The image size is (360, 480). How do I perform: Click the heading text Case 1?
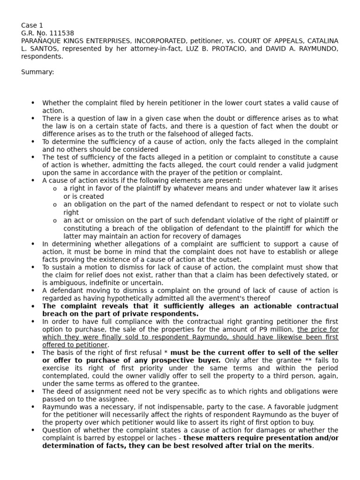coord(32,25)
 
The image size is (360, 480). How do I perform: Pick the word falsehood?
coord(174,134)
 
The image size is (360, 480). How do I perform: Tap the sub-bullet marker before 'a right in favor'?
coord(55,189)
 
